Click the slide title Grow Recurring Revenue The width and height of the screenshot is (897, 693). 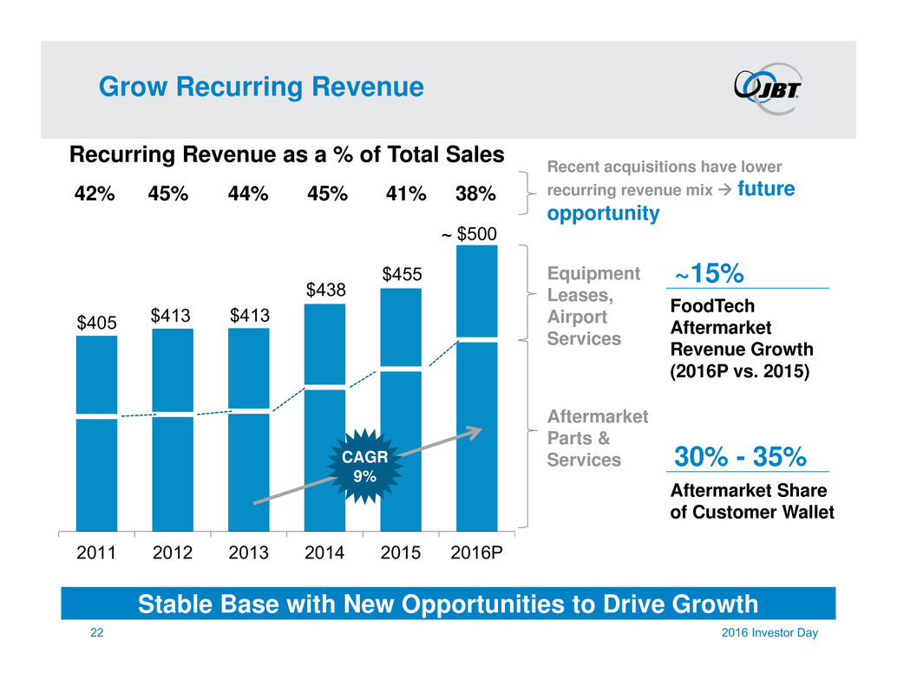260,87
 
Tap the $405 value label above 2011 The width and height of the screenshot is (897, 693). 96,324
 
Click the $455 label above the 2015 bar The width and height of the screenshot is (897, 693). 401,274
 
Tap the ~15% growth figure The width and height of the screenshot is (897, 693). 709,274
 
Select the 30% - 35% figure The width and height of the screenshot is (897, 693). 740,455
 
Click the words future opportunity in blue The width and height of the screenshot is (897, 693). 671,201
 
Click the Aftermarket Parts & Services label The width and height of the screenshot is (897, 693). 597,437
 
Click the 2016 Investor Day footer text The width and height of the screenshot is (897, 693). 772,634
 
